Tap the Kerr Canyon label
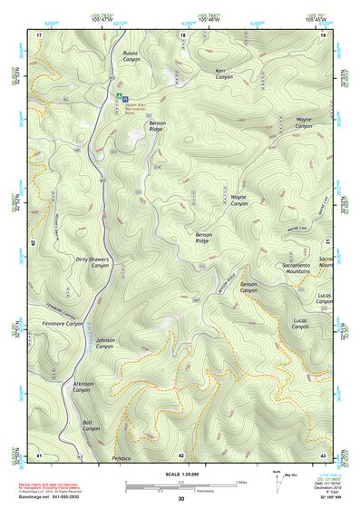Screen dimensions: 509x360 224,74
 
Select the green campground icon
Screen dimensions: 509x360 117,94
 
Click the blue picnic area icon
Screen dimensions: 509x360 125,97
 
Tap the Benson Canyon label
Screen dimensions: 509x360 248,288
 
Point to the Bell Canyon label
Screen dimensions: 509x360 92,425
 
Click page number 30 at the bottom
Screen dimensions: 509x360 180,499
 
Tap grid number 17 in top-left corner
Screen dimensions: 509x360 39,34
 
